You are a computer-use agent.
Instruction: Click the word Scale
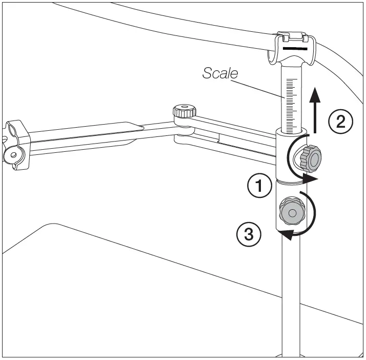point(220,73)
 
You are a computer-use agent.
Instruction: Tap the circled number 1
point(259,186)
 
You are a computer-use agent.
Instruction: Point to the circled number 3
point(249,235)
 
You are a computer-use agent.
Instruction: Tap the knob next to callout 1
point(309,158)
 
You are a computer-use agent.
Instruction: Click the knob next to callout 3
point(291,212)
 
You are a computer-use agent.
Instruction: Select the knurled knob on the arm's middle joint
point(184,111)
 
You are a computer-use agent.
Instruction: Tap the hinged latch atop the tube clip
point(293,36)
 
